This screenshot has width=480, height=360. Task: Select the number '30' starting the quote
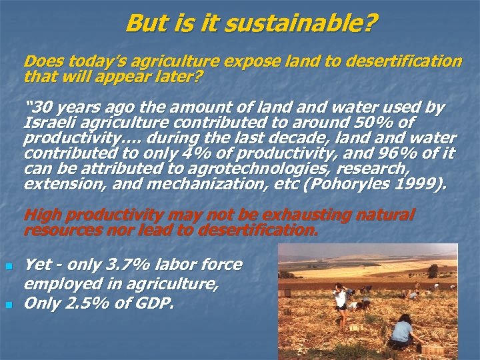[40, 107]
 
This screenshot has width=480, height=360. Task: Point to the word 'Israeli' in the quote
[49, 123]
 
